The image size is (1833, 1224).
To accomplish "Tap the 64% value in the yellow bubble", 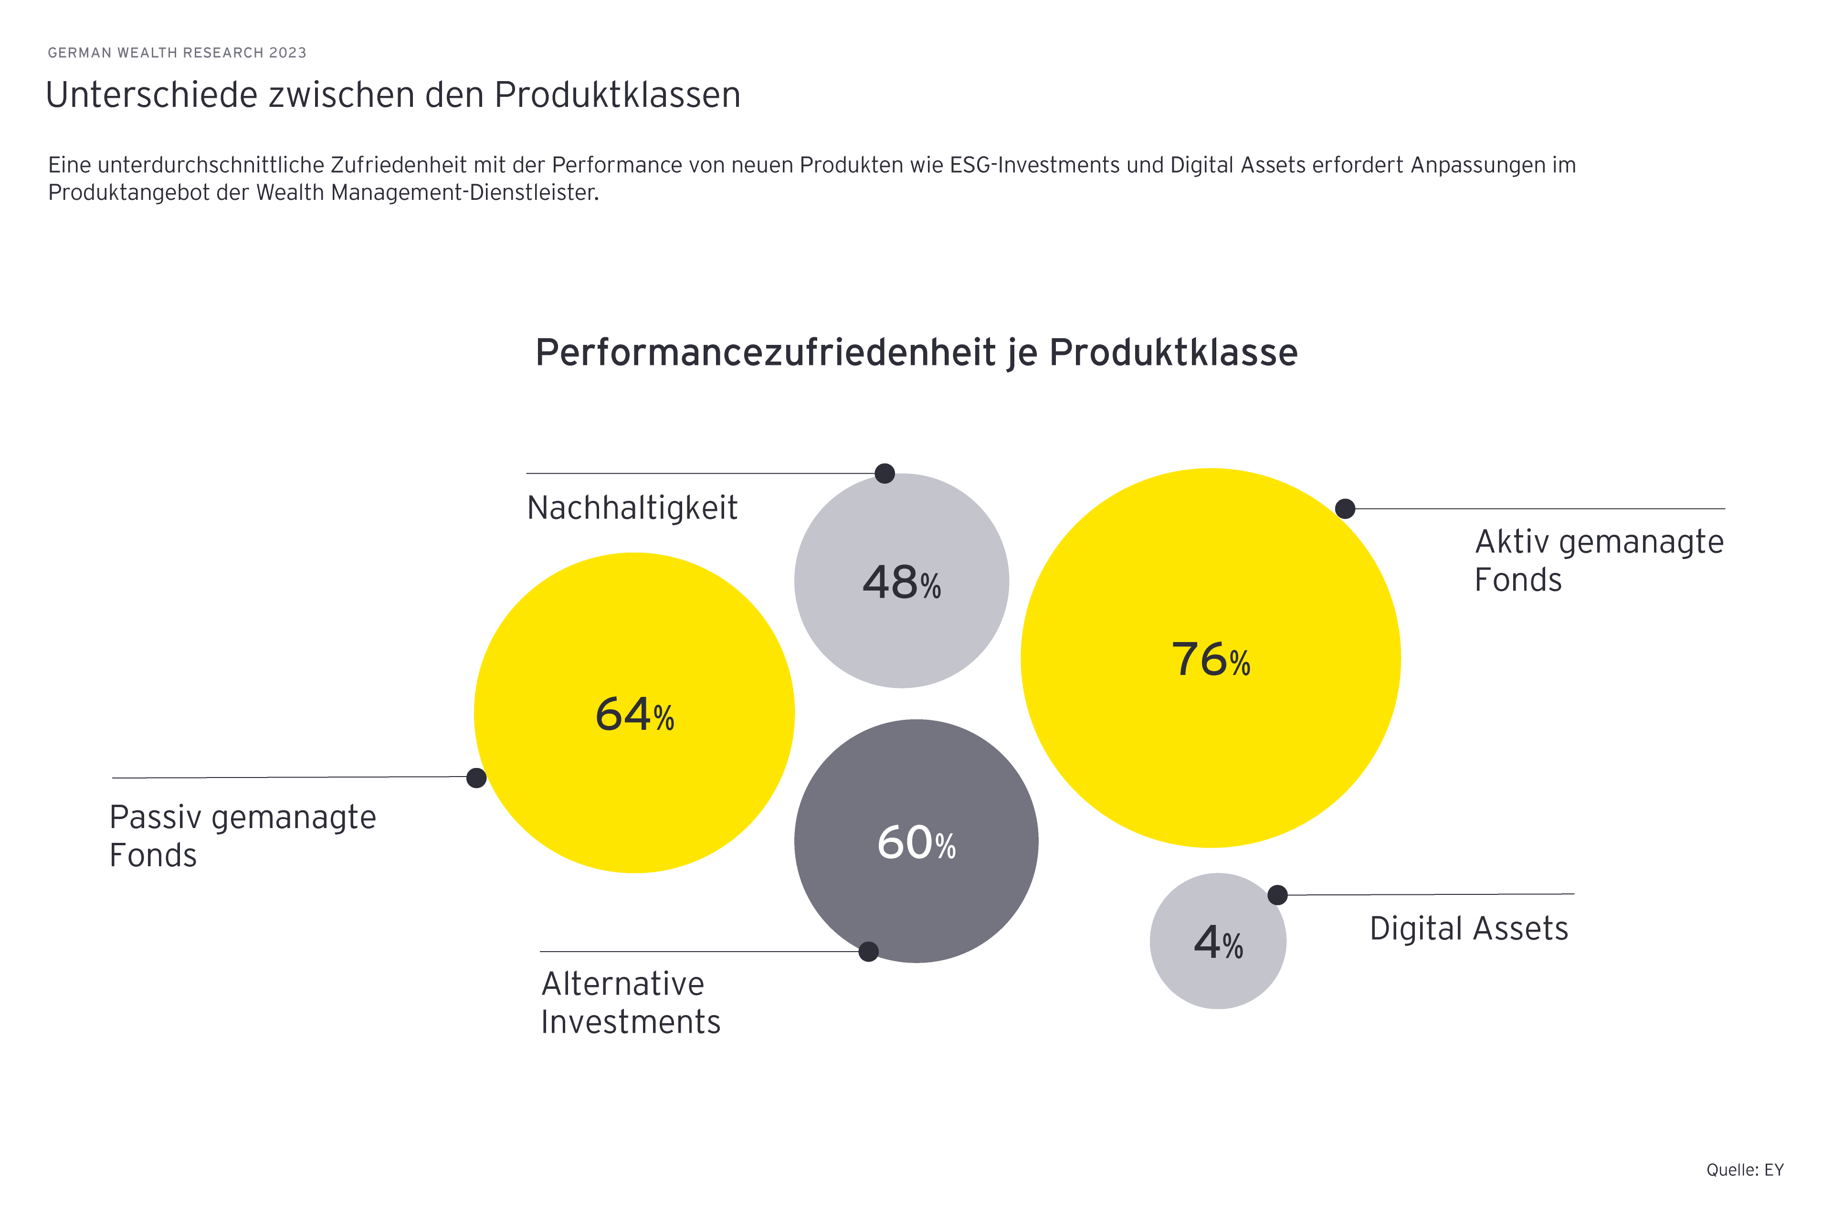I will (x=634, y=714).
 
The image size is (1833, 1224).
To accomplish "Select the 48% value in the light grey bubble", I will (x=901, y=582).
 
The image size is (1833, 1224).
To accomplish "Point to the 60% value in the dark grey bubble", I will (x=916, y=843).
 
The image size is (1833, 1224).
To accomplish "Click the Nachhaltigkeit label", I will (x=632, y=508).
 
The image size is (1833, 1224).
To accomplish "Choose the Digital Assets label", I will (x=1468, y=929).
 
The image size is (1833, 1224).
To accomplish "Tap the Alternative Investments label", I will (x=630, y=1002).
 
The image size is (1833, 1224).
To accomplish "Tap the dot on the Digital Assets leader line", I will (x=1277, y=894).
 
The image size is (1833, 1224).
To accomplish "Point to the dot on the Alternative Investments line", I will (x=868, y=952).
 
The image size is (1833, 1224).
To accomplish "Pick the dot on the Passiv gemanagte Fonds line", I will (x=475, y=778).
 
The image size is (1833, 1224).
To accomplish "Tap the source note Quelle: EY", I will (x=1744, y=1169).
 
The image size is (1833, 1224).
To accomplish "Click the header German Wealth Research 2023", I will (x=177, y=52).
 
